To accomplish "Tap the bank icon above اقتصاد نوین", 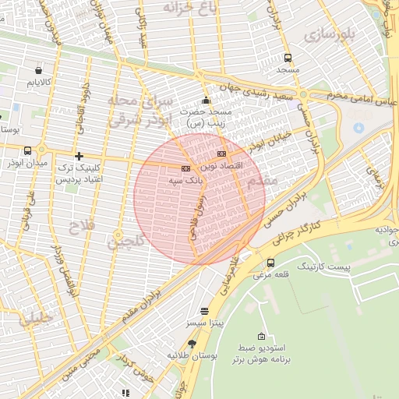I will coord(222,154).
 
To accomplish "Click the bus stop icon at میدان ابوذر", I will coord(28,151).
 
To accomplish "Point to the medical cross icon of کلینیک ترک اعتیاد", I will coord(79,156).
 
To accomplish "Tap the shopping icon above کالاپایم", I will coord(38,69).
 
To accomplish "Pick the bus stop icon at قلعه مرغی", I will coord(270,263).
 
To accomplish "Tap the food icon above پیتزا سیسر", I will coord(204,309).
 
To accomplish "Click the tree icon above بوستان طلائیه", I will coord(192,343).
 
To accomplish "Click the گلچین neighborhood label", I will coord(125,242).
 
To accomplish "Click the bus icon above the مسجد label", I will coord(288,58).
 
